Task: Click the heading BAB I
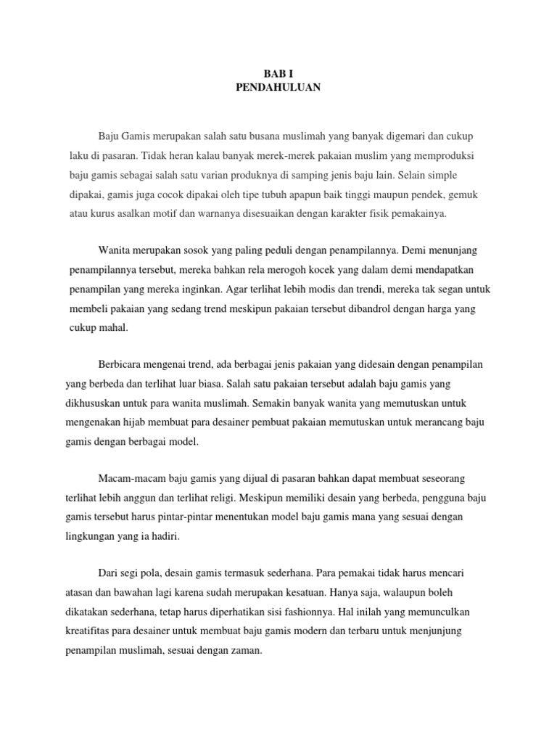(278, 74)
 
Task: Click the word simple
(442, 176)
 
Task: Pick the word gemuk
(464, 195)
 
